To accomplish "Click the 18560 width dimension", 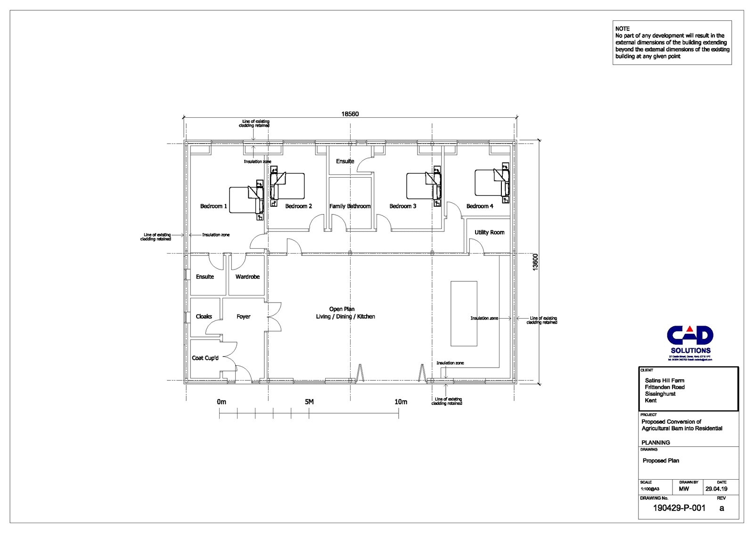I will click(350, 114).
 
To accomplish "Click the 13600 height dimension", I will click(535, 262).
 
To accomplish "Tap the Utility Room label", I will click(489, 232).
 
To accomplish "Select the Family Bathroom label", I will click(350, 206).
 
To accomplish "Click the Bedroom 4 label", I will click(480, 206).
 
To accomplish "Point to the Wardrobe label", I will click(247, 277).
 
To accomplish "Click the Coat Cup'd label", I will click(205, 358).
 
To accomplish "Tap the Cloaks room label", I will click(204, 317).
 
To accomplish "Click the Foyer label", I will click(243, 317).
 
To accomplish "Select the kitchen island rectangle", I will click(464, 313).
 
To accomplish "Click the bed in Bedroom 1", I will click(243, 200).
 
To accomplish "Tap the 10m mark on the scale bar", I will click(401, 402).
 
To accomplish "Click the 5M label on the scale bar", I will click(309, 402).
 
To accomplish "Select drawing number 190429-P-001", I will click(679, 508).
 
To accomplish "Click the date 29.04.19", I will click(716, 489).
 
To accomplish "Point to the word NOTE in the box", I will click(622, 29).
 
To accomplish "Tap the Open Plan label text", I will click(342, 309).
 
